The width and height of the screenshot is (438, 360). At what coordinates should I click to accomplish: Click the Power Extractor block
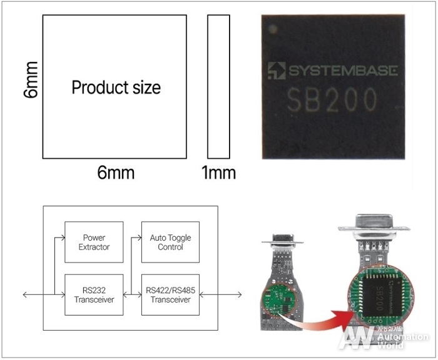pos(94,242)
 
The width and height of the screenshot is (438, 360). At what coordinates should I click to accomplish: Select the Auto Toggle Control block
pos(170,242)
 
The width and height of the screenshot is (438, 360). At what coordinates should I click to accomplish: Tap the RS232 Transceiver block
pos(94,294)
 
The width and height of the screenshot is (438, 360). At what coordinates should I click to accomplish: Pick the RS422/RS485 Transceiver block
pos(170,294)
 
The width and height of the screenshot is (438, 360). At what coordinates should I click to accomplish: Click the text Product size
pos(116,87)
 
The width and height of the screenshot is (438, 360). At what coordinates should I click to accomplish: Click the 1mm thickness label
pos(218,172)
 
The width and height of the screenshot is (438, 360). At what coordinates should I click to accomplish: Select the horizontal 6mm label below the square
pos(116,172)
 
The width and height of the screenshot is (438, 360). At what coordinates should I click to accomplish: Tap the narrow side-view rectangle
pos(218,87)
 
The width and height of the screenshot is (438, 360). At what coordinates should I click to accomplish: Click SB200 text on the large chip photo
pos(332,100)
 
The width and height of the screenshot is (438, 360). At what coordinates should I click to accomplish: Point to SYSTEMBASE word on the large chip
pos(341,71)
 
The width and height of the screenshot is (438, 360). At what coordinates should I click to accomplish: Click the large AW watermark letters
pos(357,338)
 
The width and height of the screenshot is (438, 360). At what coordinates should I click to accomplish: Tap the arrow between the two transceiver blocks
pos(132,294)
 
